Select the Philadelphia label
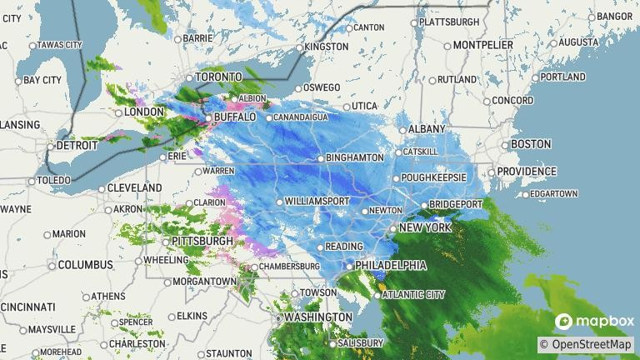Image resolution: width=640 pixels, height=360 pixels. point(390,265)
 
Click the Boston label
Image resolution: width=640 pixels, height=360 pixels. point(531,144)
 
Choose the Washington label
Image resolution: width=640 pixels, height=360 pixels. point(317,317)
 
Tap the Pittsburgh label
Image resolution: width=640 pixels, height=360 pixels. point(202,241)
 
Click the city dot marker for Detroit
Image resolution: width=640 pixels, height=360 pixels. point(50,146)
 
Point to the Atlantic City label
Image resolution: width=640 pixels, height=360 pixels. point(414,294)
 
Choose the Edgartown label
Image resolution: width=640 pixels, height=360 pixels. point(552,194)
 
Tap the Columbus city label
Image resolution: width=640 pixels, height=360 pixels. point(85,265)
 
